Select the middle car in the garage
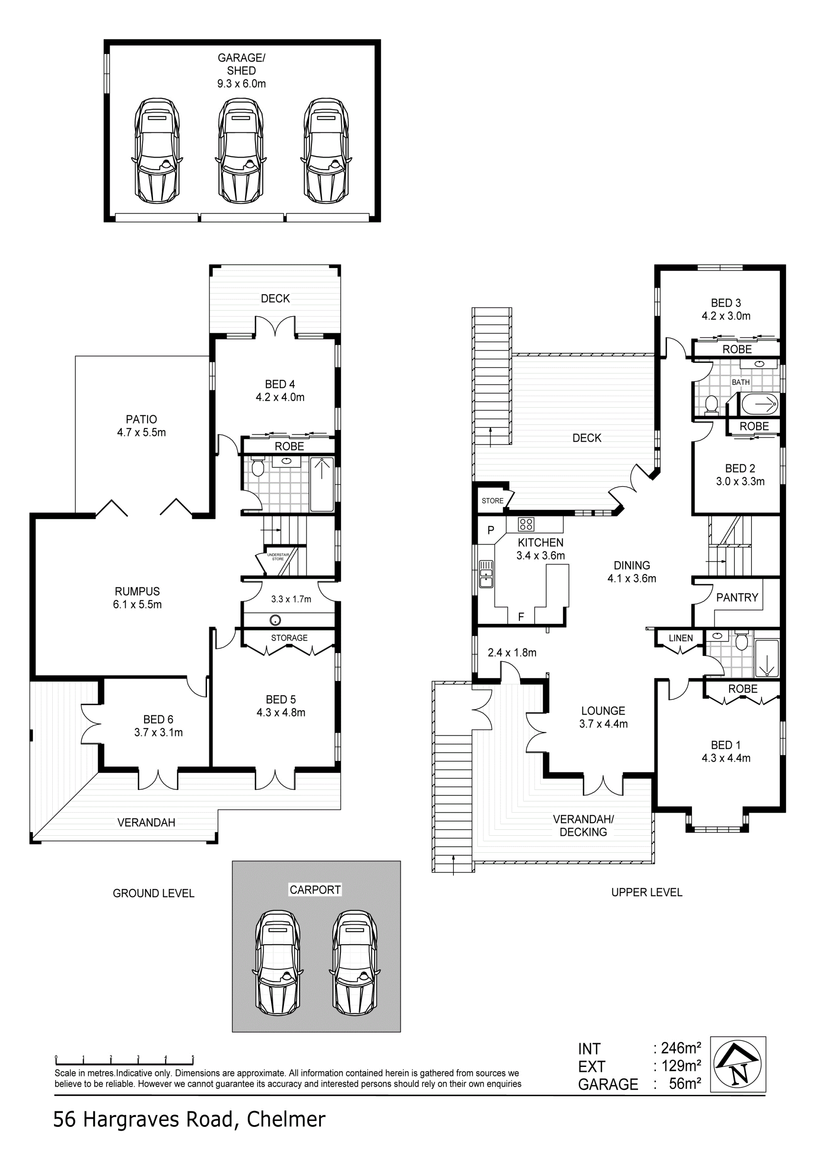[x=241, y=150]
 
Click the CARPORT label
[x=315, y=890]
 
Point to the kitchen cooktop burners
[x=526, y=525]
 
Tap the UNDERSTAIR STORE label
[x=278, y=557]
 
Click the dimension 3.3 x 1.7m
[x=291, y=599]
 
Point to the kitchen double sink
[x=486, y=574]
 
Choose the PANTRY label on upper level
[x=737, y=597]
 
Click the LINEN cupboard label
[x=681, y=638]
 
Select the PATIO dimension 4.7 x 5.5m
[x=141, y=432]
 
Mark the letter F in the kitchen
[x=521, y=617]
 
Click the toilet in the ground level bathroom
[x=258, y=467]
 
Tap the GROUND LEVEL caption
[x=153, y=893]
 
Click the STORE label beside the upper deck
[x=492, y=501]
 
